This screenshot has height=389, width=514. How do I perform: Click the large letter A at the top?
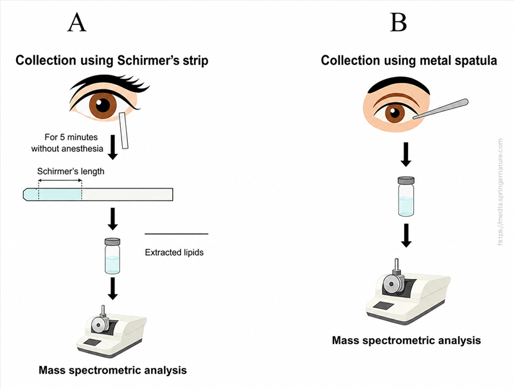coord(77,23)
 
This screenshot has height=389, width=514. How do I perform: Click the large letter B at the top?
coord(398,23)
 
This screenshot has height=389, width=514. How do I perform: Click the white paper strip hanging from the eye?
coord(124,131)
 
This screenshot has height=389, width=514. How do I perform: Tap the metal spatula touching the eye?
coord(440,109)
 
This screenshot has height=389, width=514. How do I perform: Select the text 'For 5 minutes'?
coord(71,137)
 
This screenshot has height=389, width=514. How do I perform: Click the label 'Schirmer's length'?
coord(71,171)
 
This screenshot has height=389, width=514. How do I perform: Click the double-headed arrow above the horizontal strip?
coord(60,181)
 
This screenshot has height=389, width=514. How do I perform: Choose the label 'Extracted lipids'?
coord(174,252)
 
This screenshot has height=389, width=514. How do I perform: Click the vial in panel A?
coord(112,256)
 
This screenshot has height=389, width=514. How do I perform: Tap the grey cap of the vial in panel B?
coord(406,181)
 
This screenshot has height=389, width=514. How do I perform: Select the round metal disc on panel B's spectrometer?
coord(391,283)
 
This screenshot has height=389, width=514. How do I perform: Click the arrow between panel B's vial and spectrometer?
coord(406,235)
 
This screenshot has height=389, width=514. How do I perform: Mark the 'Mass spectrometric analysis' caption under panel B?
coord(407,340)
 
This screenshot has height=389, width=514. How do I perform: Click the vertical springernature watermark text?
coord(500,192)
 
